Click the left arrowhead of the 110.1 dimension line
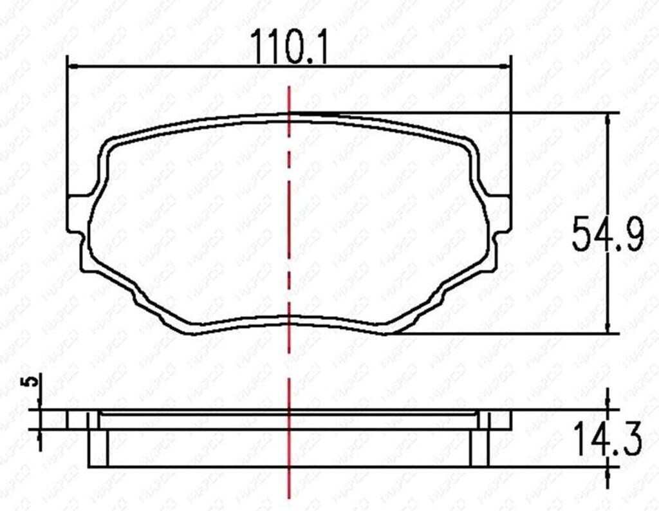point(73,66)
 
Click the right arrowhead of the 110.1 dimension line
point(505,66)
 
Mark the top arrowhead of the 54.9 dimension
point(608,118)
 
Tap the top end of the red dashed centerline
point(290,88)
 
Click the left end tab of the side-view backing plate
point(77,420)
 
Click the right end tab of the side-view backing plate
point(501,420)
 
